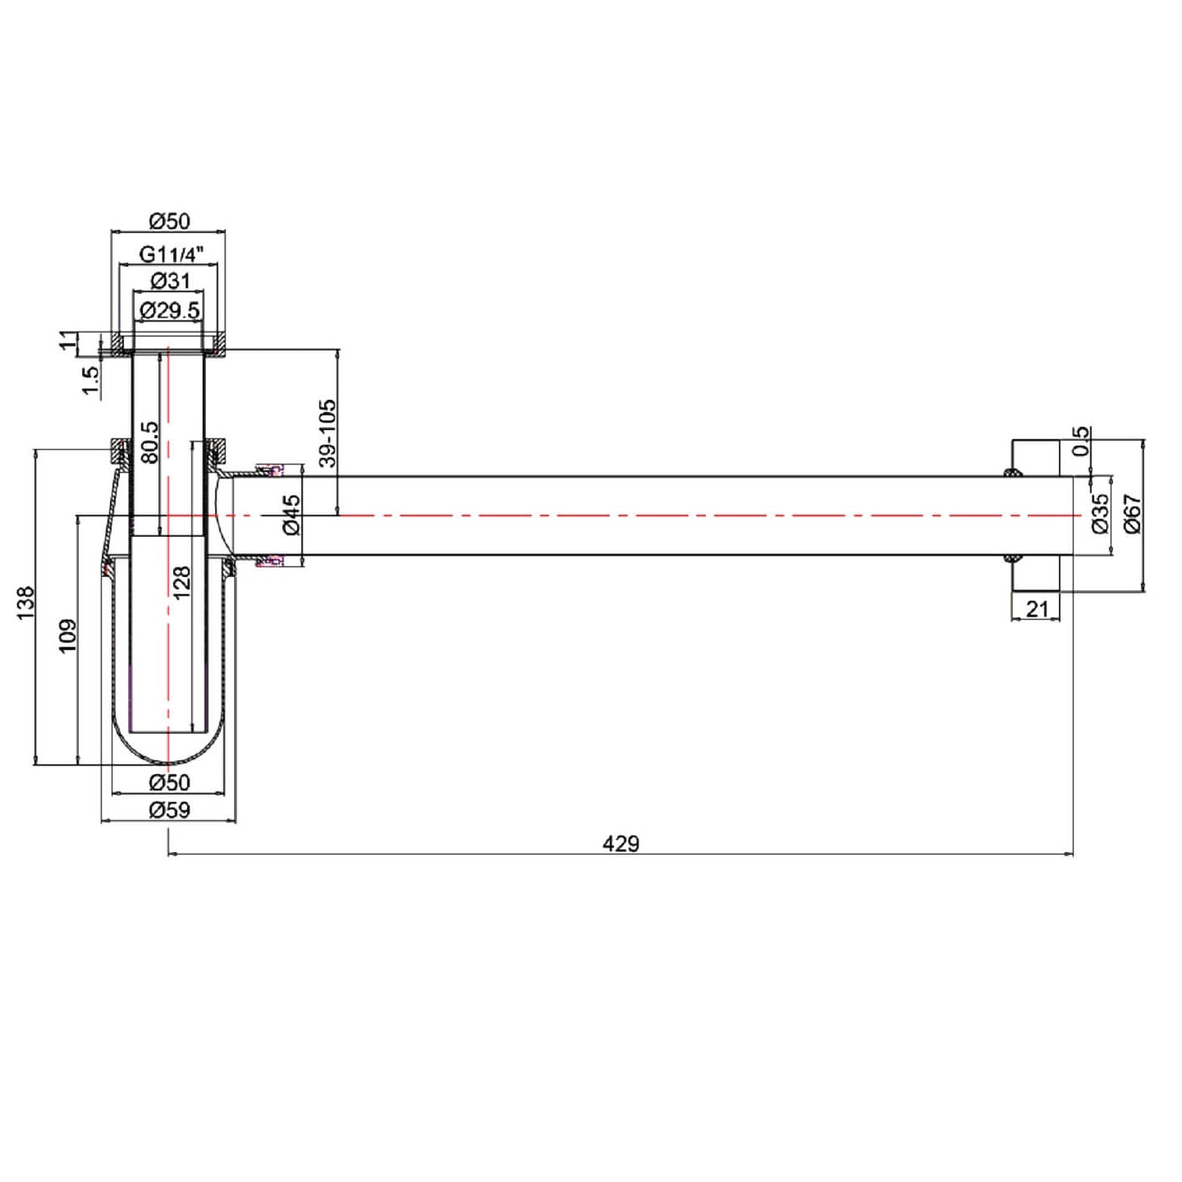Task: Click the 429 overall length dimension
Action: (621, 844)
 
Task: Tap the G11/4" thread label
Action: (168, 253)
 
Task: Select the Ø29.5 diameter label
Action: (170, 310)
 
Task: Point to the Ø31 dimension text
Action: (170, 282)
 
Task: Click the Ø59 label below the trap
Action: (169, 810)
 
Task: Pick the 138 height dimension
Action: (25, 603)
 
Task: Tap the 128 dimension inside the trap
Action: (181, 584)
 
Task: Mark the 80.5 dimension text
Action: (149, 442)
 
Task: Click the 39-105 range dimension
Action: (329, 433)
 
